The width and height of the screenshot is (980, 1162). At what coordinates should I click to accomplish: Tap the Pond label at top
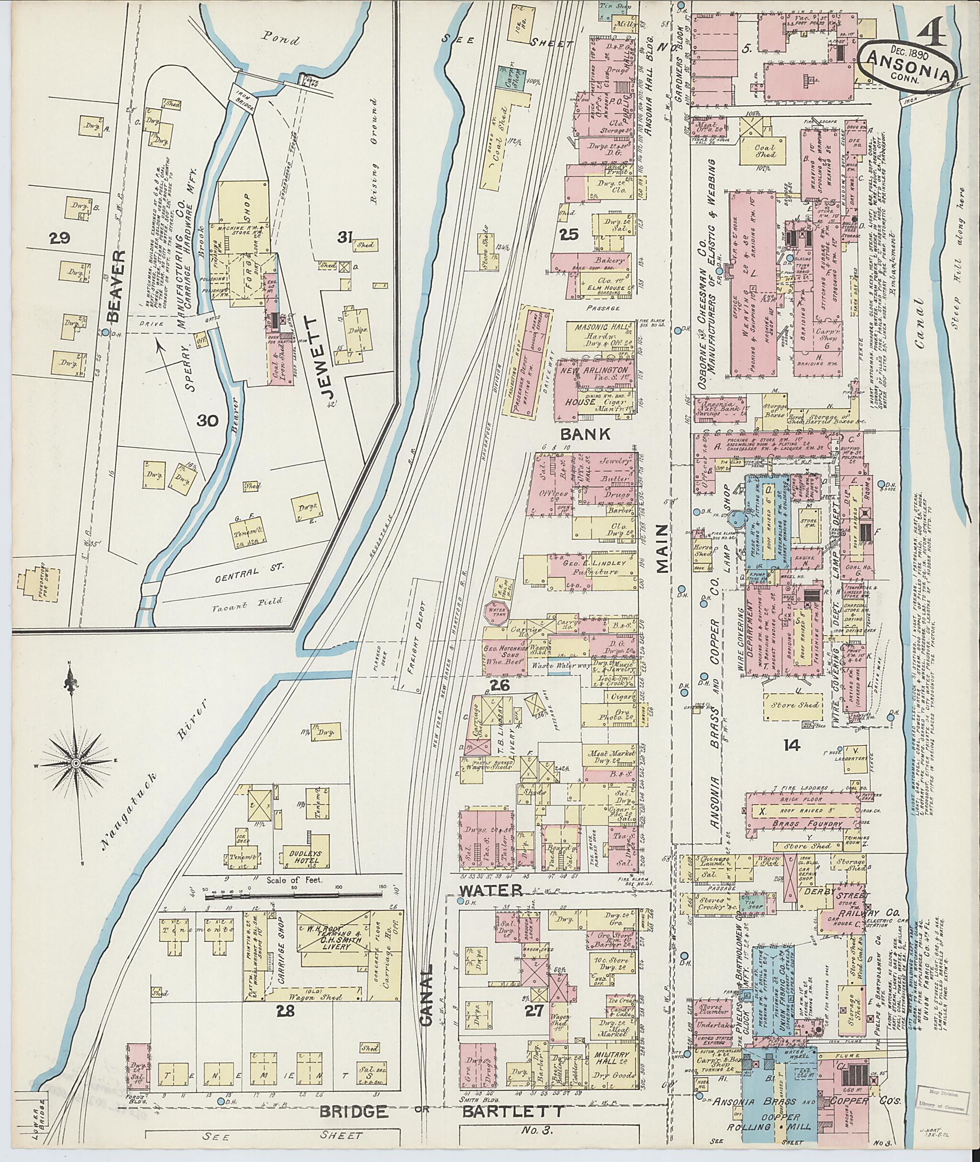coord(282,41)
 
